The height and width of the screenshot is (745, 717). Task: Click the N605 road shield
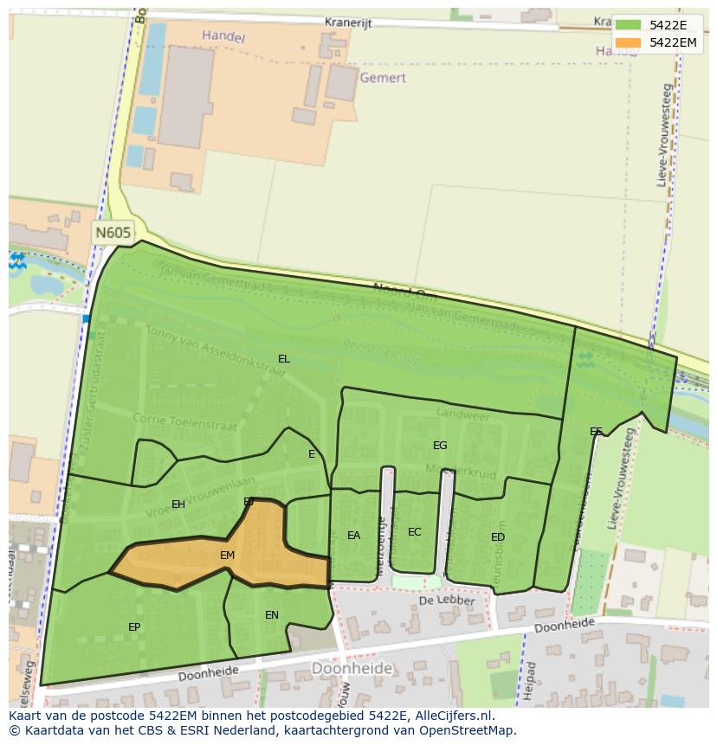[x=113, y=233]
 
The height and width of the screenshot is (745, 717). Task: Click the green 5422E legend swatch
[x=628, y=25]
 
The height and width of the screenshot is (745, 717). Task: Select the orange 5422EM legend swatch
[x=628, y=42]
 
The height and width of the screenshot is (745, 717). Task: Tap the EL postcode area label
[x=284, y=359]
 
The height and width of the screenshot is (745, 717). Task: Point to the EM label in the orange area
[x=228, y=556]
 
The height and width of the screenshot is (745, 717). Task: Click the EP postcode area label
[x=134, y=627]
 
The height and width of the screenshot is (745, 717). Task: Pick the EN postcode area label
[x=272, y=615]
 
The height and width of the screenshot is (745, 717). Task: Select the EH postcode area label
[x=178, y=504]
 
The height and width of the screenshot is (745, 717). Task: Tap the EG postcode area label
[x=440, y=446]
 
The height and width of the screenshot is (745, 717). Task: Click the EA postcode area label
[x=353, y=536]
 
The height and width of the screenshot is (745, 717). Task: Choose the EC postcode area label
[x=415, y=532]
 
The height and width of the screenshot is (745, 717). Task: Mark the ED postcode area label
[x=498, y=537]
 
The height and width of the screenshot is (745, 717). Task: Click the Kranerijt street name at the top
[x=348, y=23]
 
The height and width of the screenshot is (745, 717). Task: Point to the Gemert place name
[x=384, y=78]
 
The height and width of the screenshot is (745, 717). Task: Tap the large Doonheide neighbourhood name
[x=352, y=669]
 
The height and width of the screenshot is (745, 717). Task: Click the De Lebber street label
[x=447, y=600]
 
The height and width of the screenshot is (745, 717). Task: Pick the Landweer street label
[x=463, y=416]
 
